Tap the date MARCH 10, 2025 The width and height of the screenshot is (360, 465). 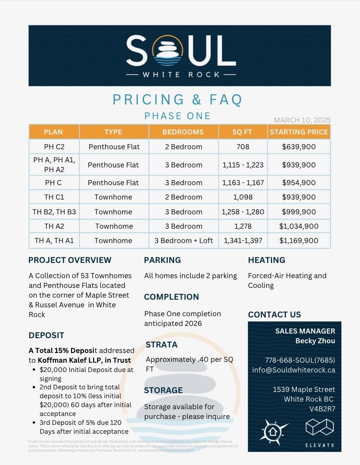click(x=302, y=120)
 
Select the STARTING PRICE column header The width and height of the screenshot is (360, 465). click(x=299, y=132)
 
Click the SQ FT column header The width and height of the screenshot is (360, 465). click(x=242, y=132)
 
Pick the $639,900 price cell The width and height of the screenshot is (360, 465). click(x=299, y=147)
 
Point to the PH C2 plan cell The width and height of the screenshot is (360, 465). click(x=54, y=147)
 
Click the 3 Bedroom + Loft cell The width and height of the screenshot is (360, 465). click(x=183, y=241)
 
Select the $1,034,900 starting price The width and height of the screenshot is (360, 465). click(x=299, y=226)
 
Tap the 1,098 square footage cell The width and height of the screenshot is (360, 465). click(x=243, y=197)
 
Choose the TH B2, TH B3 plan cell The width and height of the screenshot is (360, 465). click(x=54, y=212)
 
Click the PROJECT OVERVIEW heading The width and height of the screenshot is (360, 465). click(x=70, y=260)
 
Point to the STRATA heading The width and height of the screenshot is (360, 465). click(x=161, y=345)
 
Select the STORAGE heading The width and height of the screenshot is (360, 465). click(x=163, y=390)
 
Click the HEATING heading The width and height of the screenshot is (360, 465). click(x=266, y=260)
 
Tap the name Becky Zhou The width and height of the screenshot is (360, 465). click(x=315, y=341)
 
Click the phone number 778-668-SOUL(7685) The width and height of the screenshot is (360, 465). click(x=300, y=360)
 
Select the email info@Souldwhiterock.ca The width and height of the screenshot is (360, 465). click(x=293, y=370)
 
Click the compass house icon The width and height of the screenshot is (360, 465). click(x=273, y=432)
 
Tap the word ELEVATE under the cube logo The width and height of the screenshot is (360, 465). click(x=319, y=445)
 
